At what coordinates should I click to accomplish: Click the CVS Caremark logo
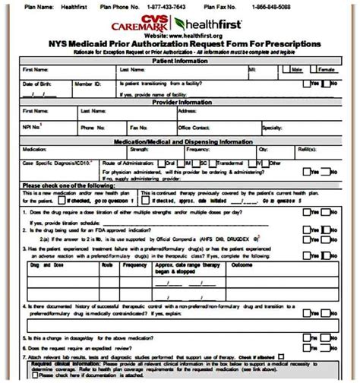pos(151,23)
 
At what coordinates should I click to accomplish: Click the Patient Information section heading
pos(179,59)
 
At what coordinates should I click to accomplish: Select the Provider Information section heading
pos(179,102)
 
